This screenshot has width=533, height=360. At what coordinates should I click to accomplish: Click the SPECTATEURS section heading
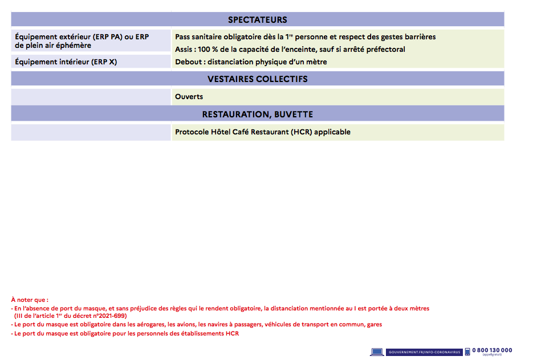coord(257,20)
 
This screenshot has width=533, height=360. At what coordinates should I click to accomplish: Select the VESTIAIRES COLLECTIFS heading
coord(257,79)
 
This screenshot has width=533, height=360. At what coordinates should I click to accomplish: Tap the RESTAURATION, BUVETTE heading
coord(257,114)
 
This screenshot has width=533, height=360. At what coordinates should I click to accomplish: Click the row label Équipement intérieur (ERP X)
coord(66,62)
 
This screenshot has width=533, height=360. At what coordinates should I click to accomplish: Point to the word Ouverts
coord(189,97)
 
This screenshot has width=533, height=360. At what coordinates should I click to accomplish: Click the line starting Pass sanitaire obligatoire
coord(305,37)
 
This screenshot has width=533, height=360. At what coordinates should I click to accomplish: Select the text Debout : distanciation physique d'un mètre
coord(251,62)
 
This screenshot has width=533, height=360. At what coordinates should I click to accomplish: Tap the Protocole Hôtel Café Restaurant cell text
coord(262,132)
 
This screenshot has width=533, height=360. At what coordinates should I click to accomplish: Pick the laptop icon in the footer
coord(377,352)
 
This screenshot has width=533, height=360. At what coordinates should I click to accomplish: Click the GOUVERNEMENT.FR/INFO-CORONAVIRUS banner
coord(424,352)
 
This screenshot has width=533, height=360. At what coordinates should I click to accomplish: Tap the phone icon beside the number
coord(467,351)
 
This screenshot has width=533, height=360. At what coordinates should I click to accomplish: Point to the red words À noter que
coord(30,299)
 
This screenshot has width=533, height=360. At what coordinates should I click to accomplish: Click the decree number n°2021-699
coord(109,316)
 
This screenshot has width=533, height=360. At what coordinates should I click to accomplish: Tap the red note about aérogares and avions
coord(197,324)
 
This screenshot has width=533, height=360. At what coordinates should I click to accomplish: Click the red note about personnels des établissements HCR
coord(125,333)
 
